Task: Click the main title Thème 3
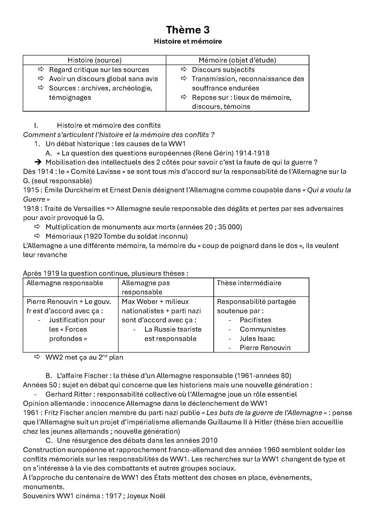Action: coord(188,30)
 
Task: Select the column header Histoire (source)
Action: coord(94,60)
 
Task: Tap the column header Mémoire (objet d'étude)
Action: coord(237,60)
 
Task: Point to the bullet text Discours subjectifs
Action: coord(223,70)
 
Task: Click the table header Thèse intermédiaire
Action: coord(249,283)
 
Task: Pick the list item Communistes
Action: coord(263,329)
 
